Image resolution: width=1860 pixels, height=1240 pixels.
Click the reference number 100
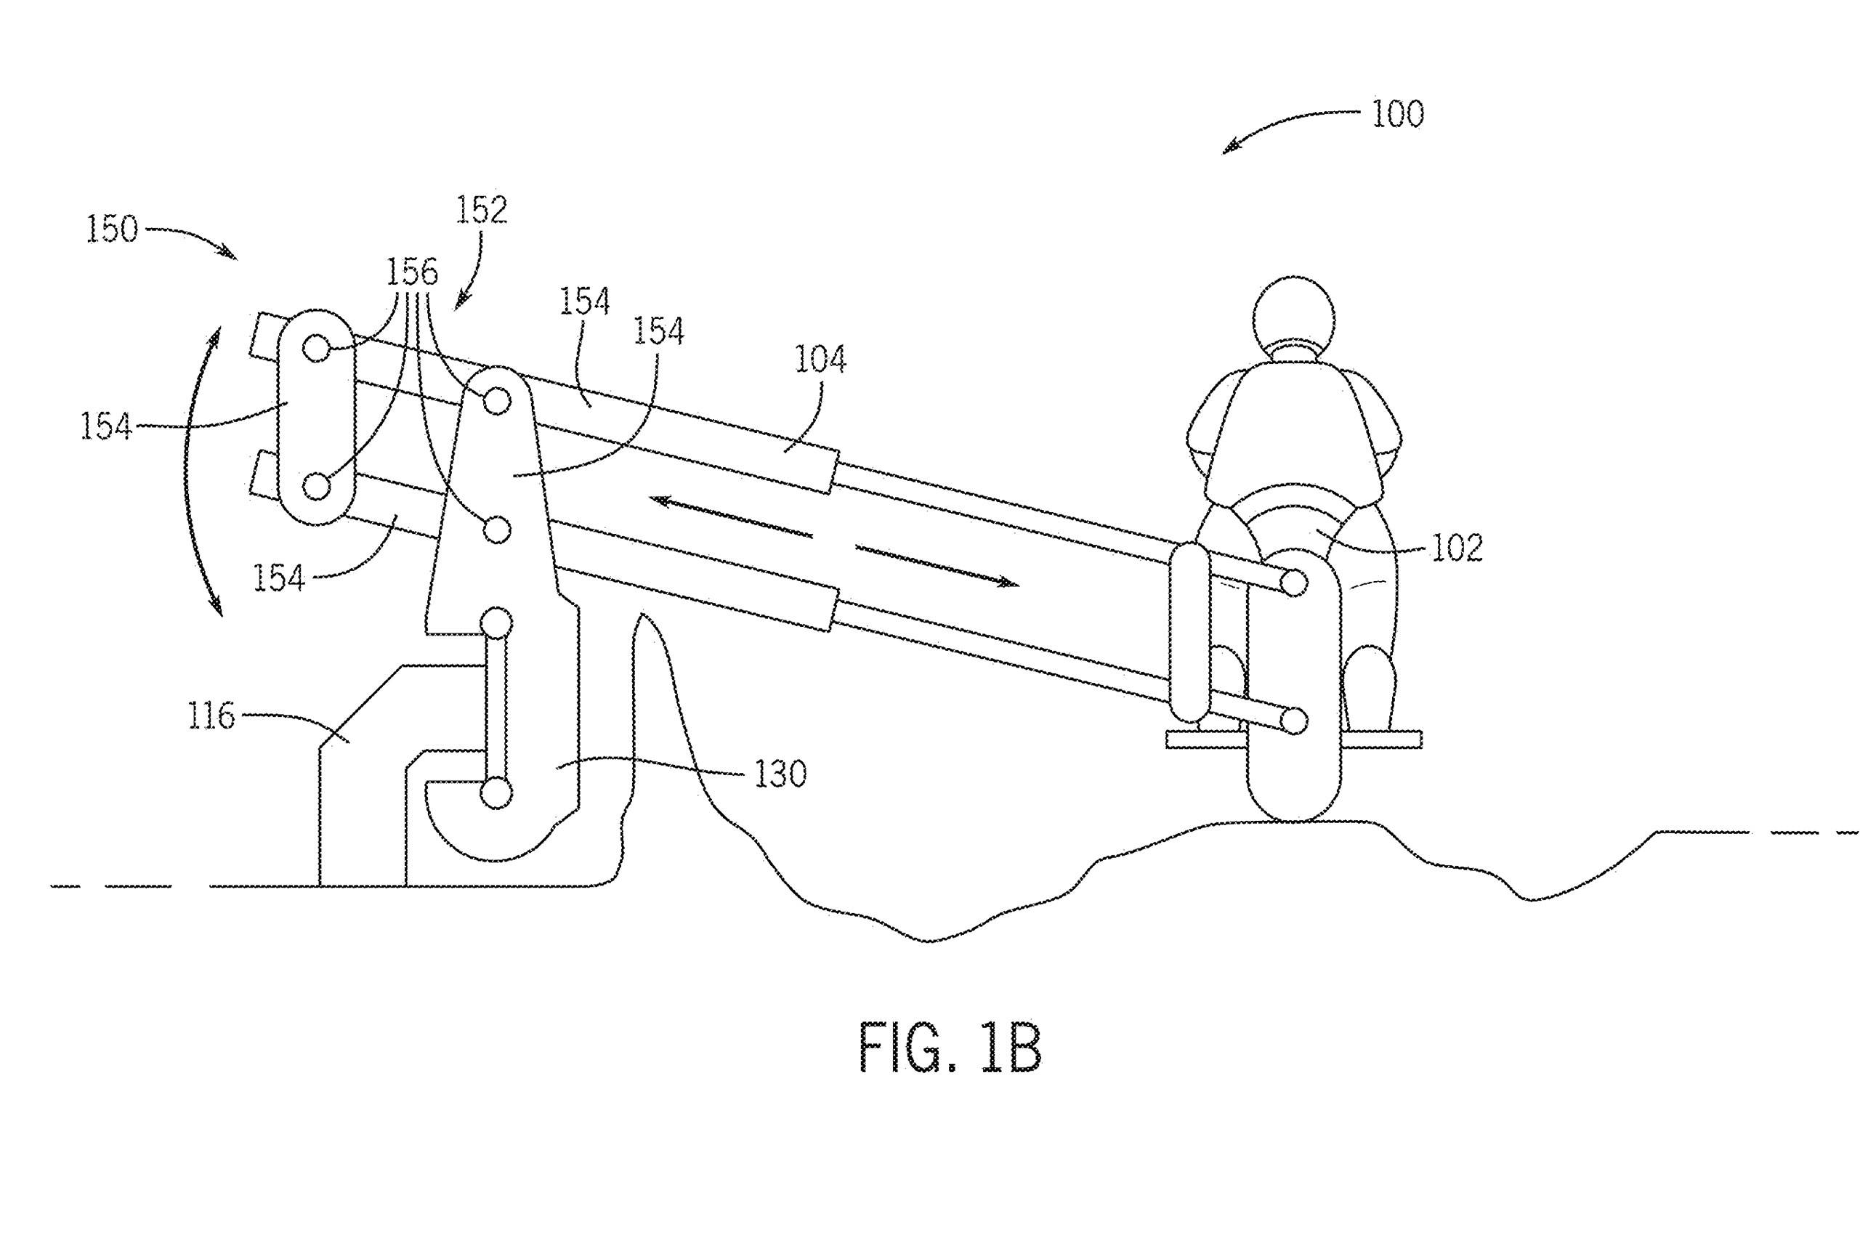(1396, 115)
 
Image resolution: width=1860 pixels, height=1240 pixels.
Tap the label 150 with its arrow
(113, 230)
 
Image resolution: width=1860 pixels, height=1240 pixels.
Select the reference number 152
(481, 211)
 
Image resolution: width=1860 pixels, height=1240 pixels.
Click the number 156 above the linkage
(411, 273)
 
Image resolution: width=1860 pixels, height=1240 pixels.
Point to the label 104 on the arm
(820, 360)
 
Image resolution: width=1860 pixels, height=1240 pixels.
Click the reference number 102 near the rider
(1457, 548)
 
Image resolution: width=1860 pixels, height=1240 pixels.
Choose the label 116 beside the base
(211, 716)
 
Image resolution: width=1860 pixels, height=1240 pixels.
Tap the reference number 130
(780, 774)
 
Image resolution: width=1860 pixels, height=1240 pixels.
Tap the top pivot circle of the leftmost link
(316, 347)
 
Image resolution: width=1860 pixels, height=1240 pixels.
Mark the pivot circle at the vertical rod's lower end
(496, 793)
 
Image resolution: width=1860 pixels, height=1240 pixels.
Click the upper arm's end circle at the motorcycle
(1293, 583)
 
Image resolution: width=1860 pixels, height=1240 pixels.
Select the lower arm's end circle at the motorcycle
(1293, 721)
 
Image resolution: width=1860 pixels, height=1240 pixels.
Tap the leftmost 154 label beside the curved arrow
(105, 427)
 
